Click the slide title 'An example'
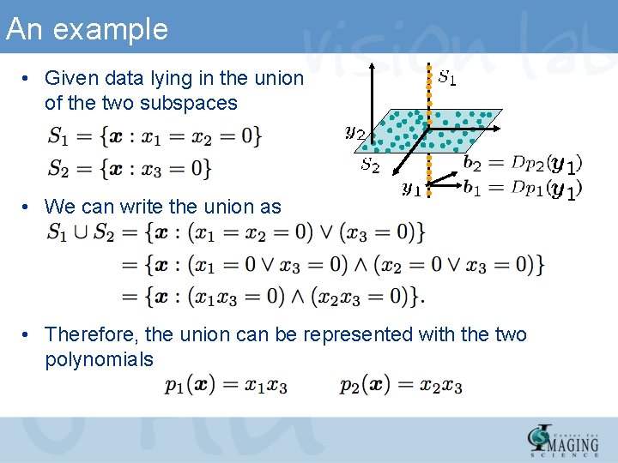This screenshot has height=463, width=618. pyautogui.click(x=87, y=30)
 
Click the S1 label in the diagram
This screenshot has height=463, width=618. pyautogui.click(x=447, y=78)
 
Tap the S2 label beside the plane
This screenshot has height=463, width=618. pyautogui.click(x=370, y=165)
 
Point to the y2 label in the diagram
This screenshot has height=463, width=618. pyautogui.click(x=354, y=131)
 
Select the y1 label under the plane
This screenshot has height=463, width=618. pyautogui.click(x=412, y=188)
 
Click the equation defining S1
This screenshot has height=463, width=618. pyautogui.click(x=154, y=135)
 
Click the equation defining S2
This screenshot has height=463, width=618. pyautogui.click(x=130, y=168)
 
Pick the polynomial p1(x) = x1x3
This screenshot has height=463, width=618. pyautogui.click(x=227, y=386)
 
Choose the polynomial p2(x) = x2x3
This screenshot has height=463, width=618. pyautogui.click(x=401, y=386)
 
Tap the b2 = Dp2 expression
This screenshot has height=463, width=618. pyautogui.click(x=522, y=163)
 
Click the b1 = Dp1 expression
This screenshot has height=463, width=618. pyautogui.click(x=522, y=188)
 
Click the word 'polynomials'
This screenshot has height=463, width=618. pyautogui.click(x=99, y=359)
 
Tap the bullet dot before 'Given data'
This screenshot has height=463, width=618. pyautogui.click(x=27, y=79)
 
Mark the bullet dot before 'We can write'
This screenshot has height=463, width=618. pyautogui.click(x=27, y=207)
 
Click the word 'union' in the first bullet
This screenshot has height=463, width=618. pyautogui.click(x=279, y=79)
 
